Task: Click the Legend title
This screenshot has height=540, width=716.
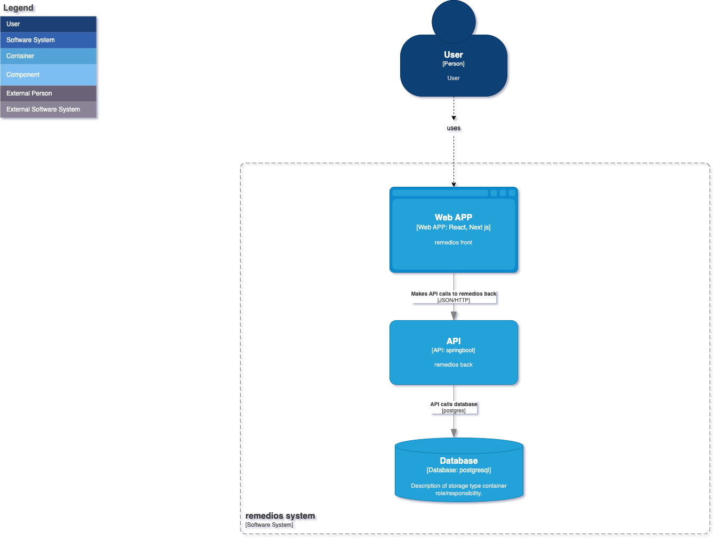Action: point(19,8)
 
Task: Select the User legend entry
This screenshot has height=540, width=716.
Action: point(48,24)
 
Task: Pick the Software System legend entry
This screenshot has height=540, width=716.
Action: point(48,40)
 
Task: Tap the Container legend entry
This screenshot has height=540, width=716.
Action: point(48,56)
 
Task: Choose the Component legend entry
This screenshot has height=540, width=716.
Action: point(48,75)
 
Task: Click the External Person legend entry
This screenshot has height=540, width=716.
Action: point(48,93)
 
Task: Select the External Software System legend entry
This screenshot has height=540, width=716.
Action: point(48,109)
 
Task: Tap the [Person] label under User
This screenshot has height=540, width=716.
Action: point(454,64)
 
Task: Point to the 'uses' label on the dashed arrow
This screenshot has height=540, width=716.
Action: point(454,128)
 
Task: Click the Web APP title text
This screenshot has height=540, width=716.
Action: point(454,217)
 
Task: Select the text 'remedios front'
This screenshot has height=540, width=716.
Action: point(454,242)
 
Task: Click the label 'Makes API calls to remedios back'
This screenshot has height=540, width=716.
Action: point(454,293)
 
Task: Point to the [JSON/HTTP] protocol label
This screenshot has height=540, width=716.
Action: point(454,300)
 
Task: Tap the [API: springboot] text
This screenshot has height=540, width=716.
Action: point(454,351)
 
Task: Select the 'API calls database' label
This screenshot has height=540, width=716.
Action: point(454,404)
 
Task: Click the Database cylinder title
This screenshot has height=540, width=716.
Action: point(459,460)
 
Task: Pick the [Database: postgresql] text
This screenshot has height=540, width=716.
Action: point(459,470)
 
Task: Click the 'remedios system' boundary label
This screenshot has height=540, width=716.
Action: point(280,516)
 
